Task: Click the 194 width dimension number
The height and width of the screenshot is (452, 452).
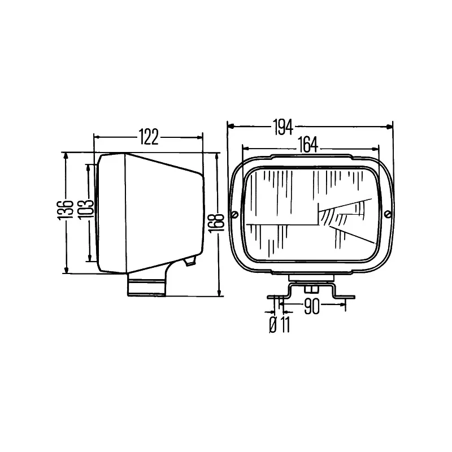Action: pos(284,127)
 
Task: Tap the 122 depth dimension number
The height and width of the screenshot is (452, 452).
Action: pos(149,137)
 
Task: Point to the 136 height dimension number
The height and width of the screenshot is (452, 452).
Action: pos(66,210)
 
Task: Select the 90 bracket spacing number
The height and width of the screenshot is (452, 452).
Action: pos(312,306)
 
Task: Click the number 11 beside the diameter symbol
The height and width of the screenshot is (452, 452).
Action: pos(285,324)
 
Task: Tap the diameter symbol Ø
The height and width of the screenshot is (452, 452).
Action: pos(273,324)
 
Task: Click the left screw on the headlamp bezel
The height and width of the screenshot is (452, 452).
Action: pos(235,215)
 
